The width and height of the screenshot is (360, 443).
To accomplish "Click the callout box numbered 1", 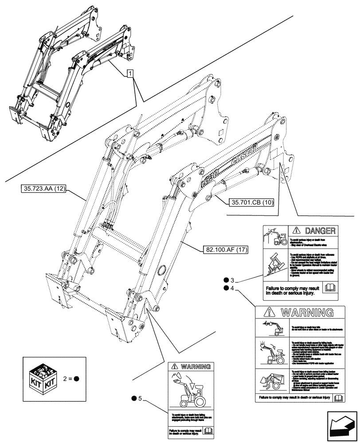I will (x=129, y=74).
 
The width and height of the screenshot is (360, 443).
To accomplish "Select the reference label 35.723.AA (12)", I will (x=43, y=190).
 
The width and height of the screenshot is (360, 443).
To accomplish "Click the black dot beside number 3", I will (x=227, y=280).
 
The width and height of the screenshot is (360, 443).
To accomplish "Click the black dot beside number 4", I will (x=227, y=288).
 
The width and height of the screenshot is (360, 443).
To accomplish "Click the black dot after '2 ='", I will (x=76, y=379).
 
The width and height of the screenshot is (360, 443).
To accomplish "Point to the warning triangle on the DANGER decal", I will (x=297, y=231).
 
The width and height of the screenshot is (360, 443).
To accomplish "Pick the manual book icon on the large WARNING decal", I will (x=338, y=398).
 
